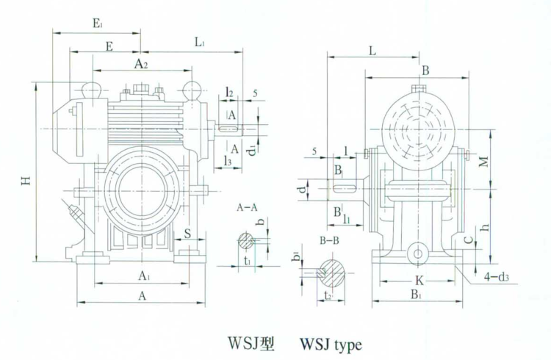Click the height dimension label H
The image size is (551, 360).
[x=26, y=181]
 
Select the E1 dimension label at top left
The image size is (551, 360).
[x=97, y=24]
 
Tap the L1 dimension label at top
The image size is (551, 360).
[x=200, y=43]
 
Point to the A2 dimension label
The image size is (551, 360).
[x=142, y=65]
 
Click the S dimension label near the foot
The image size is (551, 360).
[x=189, y=234]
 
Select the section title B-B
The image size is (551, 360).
[x=333, y=241]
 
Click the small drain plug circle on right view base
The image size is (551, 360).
[x=418, y=253]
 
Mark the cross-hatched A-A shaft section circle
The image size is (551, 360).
[x=246, y=240]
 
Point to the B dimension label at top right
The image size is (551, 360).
[x=425, y=71]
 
